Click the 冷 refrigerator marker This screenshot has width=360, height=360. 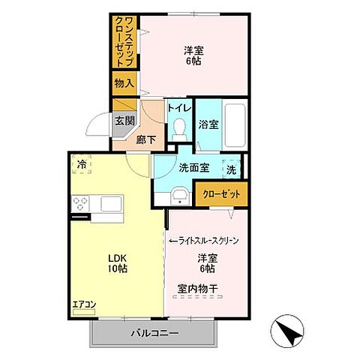(82, 165)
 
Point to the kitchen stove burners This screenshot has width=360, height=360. (80, 203)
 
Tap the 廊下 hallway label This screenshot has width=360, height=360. (146, 138)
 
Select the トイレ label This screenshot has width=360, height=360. (179, 108)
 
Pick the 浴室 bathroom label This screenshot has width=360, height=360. (209, 124)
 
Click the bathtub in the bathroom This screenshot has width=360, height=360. (234, 124)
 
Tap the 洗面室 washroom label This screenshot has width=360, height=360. (193, 167)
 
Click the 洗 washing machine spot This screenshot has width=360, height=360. (231, 169)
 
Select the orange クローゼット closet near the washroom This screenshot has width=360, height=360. (222, 194)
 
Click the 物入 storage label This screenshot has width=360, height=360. (123, 84)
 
